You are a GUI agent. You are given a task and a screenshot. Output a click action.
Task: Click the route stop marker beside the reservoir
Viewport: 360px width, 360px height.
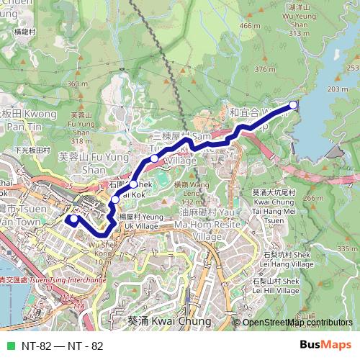[x=293, y=106]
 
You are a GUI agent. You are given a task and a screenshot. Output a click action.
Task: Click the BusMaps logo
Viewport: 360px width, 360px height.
[x=325, y=346]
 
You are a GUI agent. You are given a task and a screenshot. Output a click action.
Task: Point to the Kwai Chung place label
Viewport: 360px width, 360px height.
[x=169, y=321]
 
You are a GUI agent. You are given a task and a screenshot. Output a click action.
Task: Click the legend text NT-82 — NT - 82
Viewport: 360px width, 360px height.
[x=62, y=346]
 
